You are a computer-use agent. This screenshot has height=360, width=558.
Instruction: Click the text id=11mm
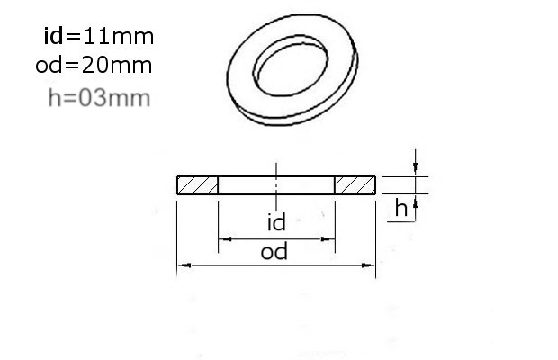click(99, 36)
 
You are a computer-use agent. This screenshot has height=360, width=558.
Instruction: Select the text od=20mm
click(94, 66)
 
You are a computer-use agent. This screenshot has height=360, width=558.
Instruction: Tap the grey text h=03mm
click(99, 98)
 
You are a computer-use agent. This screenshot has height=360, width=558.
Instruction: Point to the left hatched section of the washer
click(197, 185)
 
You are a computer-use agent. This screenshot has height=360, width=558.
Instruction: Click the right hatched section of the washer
click(355, 185)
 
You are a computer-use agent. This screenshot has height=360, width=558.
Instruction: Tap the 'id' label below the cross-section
click(276, 222)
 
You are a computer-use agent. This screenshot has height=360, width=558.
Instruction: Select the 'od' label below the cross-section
click(274, 252)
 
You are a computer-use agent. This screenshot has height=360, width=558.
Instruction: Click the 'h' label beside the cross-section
click(401, 208)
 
